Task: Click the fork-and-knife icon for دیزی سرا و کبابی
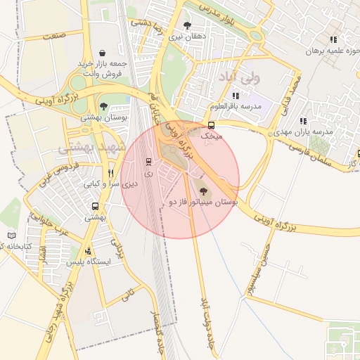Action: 110,173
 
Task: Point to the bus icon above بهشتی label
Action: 95,206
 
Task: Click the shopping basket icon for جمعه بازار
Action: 103,53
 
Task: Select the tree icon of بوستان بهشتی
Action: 104,106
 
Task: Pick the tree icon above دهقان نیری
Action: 186,25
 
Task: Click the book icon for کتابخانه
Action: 11,236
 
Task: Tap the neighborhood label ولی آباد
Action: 240,75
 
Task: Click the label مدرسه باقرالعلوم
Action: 236,106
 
